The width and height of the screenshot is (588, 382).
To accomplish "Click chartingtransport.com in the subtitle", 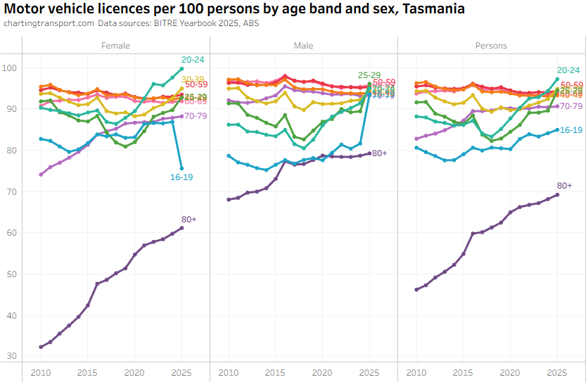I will [49, 23].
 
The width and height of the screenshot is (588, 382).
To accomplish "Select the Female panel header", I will [116, 46].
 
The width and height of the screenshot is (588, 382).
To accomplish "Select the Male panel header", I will [304, 46].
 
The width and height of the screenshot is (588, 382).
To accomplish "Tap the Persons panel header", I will [491, 46].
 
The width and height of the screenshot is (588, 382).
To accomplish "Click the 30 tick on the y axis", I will [11, 356].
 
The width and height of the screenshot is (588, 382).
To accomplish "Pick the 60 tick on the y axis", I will [11, 233].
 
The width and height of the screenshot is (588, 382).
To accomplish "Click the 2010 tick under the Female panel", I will [41, 372].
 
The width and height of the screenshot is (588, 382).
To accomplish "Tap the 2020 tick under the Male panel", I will [322, 372].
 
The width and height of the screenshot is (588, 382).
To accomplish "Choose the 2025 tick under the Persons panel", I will [557, 372].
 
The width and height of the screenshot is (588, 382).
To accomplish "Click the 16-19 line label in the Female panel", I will [181, 177].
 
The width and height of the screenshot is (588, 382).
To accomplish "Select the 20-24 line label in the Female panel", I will [193, 60].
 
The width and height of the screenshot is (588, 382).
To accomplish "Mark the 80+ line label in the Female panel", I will [189, 219].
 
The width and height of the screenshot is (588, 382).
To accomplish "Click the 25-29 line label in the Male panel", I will [369, 75].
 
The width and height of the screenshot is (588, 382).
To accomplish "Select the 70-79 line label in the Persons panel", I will [571, 106].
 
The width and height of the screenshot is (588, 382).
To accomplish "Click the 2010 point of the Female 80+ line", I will [41, 347].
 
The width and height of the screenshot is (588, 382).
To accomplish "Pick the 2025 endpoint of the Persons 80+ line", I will [557, 195].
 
